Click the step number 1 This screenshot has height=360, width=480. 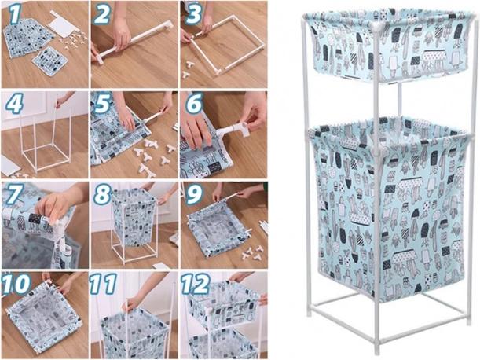16,14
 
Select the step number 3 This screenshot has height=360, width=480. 193,14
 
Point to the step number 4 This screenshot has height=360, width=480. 15,103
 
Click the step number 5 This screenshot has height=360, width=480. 103,103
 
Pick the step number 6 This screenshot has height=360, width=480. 193,103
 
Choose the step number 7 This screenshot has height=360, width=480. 15,194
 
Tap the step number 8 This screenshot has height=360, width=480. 103,194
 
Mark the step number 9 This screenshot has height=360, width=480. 193,194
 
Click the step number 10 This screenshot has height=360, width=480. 16,285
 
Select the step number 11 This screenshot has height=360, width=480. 103,285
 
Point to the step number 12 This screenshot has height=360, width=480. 196,285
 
